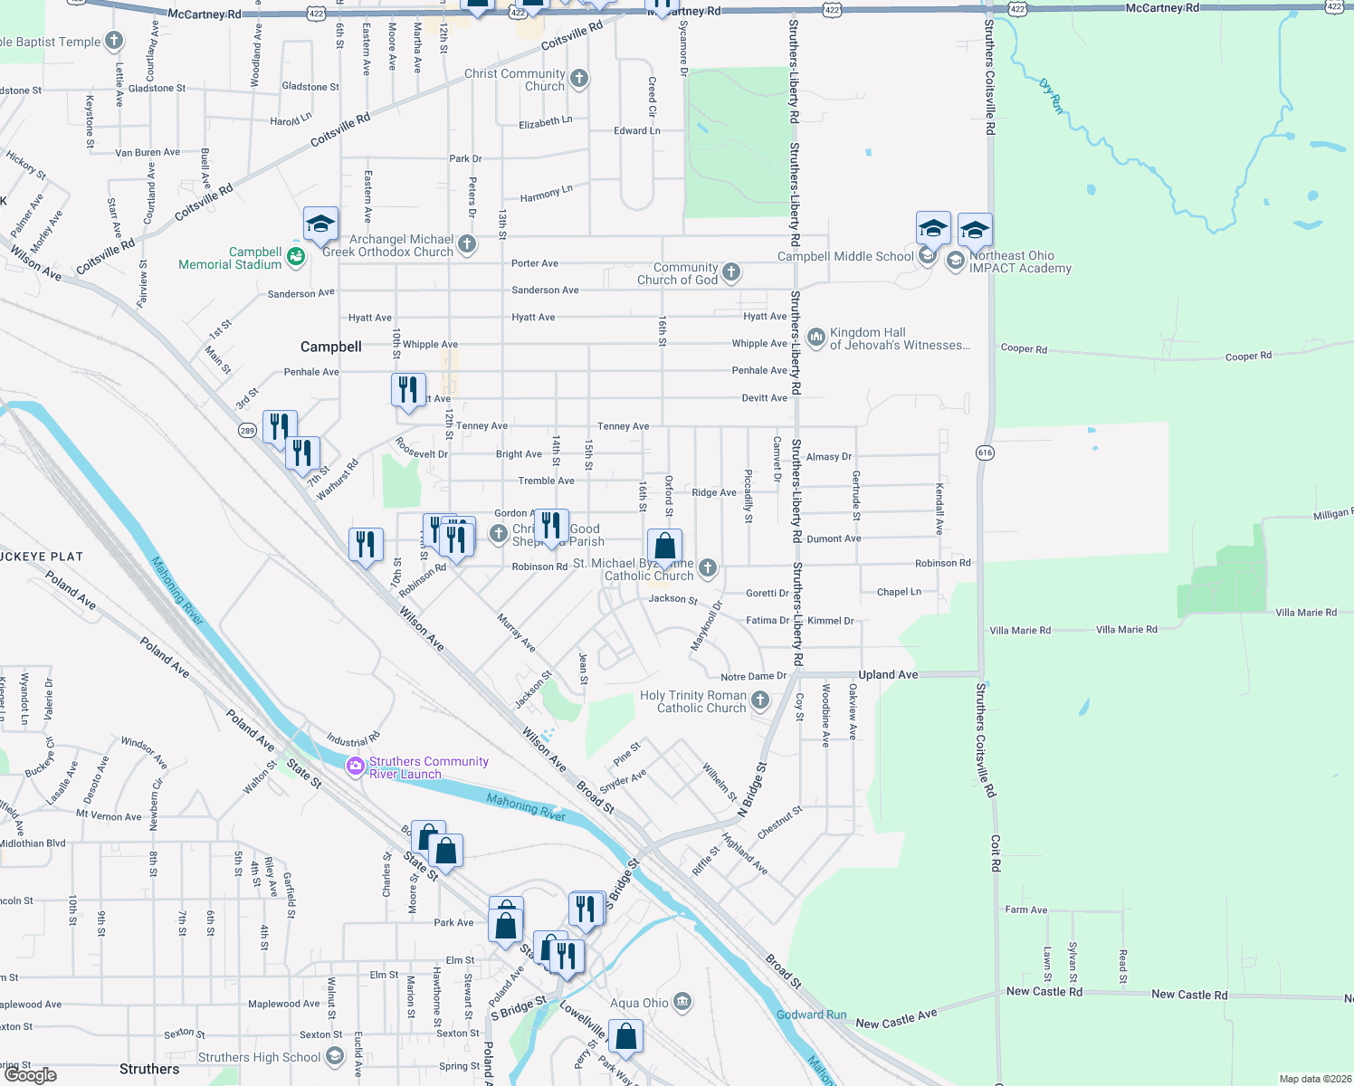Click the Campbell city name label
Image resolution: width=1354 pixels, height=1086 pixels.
(331, 347)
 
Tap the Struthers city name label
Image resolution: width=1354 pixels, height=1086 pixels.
(149, 1069)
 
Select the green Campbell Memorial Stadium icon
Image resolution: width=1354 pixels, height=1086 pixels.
(296, 258)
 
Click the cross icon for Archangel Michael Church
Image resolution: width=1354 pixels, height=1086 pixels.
(467, 243)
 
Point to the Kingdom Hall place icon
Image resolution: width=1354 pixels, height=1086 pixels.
(816, 338)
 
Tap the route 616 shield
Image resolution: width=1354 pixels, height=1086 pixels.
(986, 452)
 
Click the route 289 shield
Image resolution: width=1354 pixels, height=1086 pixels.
(247, 431)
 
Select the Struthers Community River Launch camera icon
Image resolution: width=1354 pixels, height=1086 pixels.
(356, 767)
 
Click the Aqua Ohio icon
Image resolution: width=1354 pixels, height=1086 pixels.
(683, 1002)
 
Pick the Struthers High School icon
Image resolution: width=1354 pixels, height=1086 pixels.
(335, 1056)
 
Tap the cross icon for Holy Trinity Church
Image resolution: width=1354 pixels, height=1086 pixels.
(760, 700)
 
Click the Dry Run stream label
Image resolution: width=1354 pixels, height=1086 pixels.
(1052, 97)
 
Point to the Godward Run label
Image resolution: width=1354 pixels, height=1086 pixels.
(811, 1015)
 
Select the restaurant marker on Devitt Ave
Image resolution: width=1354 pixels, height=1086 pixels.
(408, 390)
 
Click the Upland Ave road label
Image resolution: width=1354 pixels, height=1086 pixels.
(888, 675)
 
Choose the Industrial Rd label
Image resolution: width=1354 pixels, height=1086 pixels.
(353, 740)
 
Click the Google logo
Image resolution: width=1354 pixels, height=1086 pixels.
(31, 1075)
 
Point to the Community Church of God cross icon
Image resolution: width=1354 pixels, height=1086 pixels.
(731, 271)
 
